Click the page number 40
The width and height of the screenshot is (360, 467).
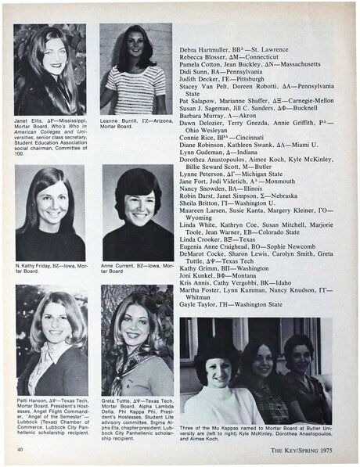pos(18,449)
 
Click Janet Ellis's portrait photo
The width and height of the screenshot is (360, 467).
pos(49,70)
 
